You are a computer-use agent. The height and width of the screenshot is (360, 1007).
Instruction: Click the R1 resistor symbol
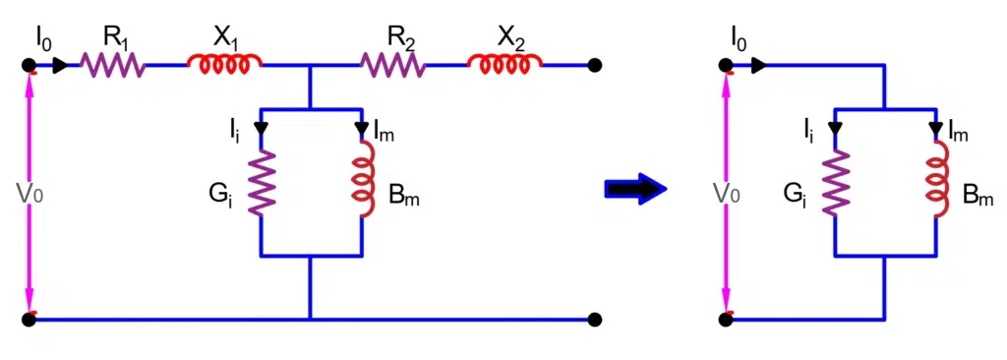tap(113, 66)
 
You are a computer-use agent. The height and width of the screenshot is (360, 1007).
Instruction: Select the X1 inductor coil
tap(224, 64)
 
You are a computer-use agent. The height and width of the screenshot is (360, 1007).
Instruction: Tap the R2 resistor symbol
tap(394, 66)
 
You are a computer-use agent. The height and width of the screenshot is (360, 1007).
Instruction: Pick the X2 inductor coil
tap(504, 64)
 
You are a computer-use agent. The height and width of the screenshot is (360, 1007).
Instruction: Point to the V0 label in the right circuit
tap(726, 193)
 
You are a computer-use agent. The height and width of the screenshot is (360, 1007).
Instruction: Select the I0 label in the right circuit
tap(740, 39)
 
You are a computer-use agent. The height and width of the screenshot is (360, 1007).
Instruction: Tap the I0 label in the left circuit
tap(44, 39)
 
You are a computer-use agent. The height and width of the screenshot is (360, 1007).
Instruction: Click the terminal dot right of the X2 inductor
tap(594, 66)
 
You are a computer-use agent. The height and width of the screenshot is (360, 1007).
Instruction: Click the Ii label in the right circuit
tap(807, 129)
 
